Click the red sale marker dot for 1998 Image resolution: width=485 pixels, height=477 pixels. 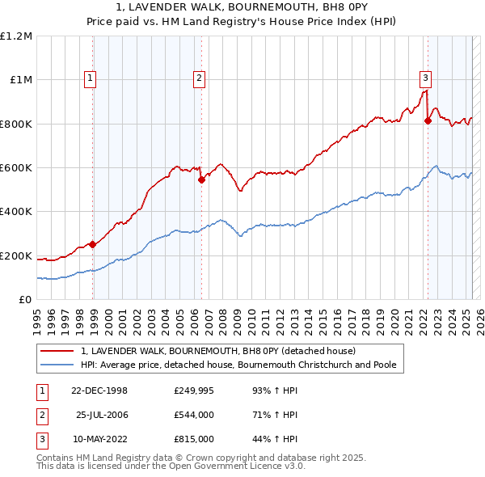point(93,244)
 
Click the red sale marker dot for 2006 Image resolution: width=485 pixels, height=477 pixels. point(201,180)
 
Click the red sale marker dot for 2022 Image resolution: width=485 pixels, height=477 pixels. point(428,121)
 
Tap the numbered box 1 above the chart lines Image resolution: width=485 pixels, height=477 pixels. point(89,78)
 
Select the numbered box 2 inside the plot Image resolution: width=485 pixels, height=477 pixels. point(198,78)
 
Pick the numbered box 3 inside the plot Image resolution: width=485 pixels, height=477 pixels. point(424,78)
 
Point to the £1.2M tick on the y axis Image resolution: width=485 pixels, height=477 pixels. point(16,36)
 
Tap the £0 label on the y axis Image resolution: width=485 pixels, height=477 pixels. point(24,300)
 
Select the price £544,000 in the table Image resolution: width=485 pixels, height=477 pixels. point(194,414)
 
